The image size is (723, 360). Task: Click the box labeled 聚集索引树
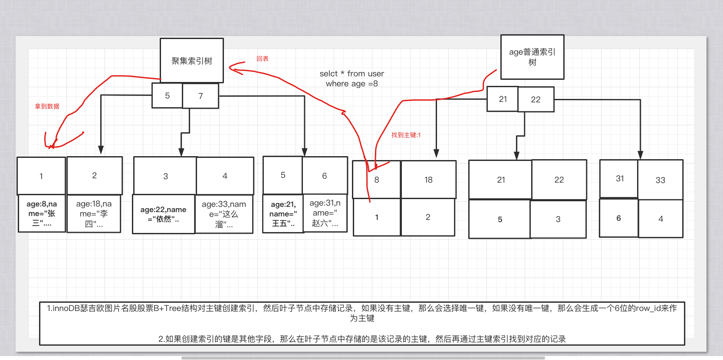click(191, 61)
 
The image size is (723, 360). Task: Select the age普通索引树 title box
click(532, 57)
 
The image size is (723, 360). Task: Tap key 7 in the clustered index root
click(200, 96)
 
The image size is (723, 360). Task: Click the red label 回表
click(263, 59)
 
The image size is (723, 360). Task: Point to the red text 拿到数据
click(47, 106)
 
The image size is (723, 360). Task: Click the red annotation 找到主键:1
click(406, 135)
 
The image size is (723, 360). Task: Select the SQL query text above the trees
click(352, 79)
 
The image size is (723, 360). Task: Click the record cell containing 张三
click(42, 213)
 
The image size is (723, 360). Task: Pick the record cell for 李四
click(94, 213)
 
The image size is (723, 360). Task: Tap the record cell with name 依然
click(163, 214)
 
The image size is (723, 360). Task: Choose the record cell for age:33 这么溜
click(224, 214)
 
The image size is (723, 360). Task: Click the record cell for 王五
click(283, 214)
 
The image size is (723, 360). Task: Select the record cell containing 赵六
click(325, 213)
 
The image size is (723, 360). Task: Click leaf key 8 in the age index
click(377, 180)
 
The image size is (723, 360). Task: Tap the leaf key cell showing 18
click(428, 180)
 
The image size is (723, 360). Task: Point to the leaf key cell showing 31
click(619, 179)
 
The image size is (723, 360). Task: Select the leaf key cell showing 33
click(660, 180)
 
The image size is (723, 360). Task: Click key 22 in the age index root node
click(536, 99)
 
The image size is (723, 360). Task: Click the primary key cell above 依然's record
click(165, 176)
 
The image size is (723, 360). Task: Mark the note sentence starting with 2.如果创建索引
click(362, 339)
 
